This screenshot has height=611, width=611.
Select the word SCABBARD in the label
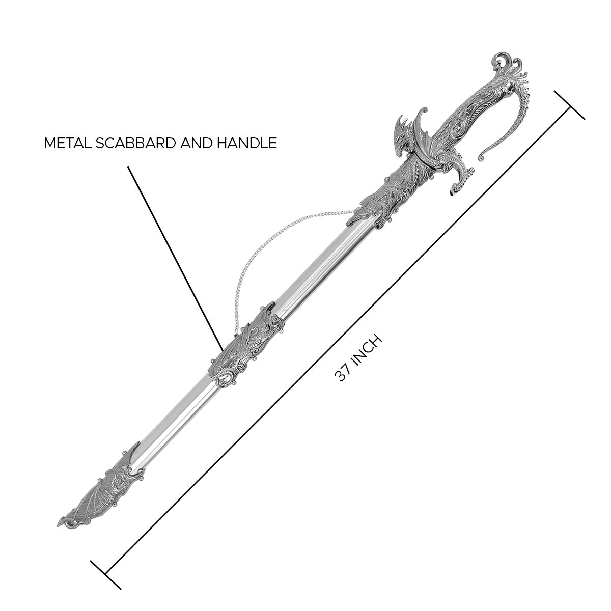pyautogui.click(x=135, y=143)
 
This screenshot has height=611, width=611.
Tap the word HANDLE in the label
pyautogui.click(x=246, y=143)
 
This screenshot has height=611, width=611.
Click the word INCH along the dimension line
pyautogui.click(x=367, y=349)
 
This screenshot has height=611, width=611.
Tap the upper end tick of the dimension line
pyautogui.click(x=569, y=105)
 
